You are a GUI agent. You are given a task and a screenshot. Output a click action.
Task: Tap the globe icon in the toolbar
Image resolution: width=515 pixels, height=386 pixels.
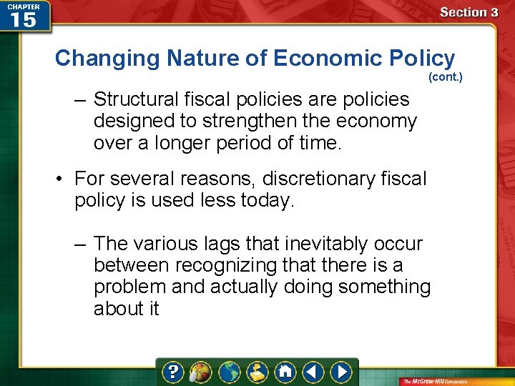point(230,372)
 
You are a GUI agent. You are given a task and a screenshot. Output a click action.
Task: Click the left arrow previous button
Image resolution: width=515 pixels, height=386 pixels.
point(313,372)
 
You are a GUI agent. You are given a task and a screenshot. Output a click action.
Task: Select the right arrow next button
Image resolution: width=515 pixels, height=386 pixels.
point(341,372)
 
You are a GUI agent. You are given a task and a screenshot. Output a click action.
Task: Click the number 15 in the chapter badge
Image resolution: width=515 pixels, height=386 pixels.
point(24,19)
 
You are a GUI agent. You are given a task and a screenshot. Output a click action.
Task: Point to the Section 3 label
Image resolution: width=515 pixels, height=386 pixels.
point(469,12)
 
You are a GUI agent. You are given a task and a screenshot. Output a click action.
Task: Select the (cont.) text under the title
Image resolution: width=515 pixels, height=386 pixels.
point(445,76)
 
